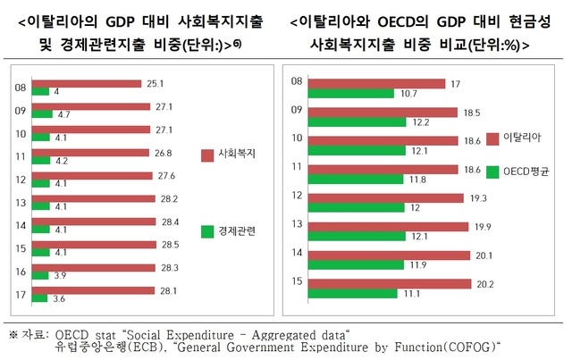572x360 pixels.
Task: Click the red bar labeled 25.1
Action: (x=86, y=84)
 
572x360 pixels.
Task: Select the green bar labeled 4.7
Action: (x=41, y=114)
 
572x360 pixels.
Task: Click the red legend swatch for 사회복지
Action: (x=207, y=154)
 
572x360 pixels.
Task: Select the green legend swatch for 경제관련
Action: (x=207, y=232)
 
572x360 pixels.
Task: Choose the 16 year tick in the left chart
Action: (x=20, y=272)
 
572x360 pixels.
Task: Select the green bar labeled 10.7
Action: (x=349, y=93)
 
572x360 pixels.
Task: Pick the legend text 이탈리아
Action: (x=520, y=137)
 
